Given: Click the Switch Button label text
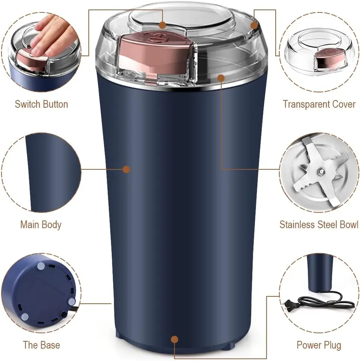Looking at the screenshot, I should pos(41,104).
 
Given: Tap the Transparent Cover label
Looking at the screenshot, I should pos(319,104).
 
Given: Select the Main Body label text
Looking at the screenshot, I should pos(41,225).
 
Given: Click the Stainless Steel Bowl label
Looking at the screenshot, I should pos(319,225).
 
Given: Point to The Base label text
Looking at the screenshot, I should pos(41,345).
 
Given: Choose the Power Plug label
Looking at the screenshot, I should pos(319,345).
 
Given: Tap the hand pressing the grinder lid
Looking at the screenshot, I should pos(53,36).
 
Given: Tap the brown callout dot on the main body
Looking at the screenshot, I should pos(127,169).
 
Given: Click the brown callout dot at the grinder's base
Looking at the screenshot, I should pos(175,339).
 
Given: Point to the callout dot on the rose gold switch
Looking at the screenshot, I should pos(163,25).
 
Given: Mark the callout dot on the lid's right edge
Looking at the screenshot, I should pos(254,25).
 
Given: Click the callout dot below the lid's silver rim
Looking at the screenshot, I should pos(221,78).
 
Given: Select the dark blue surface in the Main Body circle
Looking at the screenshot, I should pos(53,173).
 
